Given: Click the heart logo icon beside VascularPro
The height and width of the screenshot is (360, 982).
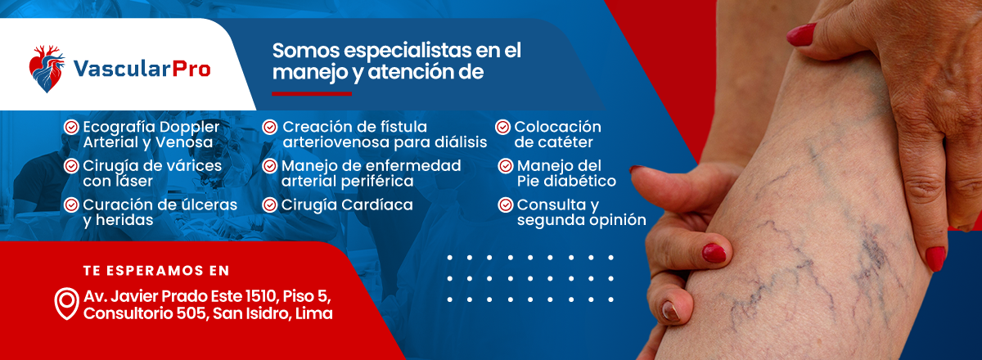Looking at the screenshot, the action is (47, 69).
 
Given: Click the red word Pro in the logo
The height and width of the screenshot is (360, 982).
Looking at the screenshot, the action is (191, 69).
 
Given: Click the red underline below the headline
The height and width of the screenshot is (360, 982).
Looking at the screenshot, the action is (312, 93).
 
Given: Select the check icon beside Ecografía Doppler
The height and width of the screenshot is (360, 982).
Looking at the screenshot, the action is (71, 127).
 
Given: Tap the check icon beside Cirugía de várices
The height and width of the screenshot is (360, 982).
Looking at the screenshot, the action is (71, 166).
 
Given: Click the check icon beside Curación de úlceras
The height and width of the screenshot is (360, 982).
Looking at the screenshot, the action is (71, 205).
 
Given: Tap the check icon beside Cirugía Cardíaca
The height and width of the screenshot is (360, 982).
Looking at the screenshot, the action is (269, 205).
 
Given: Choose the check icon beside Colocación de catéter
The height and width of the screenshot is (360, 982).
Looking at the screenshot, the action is (502, 127).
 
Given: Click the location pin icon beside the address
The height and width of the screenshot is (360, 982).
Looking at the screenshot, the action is (66, 304).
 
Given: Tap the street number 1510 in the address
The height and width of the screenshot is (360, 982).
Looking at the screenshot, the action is (261, 296).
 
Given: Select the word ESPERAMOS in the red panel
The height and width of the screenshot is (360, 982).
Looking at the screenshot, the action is (155, 271).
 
